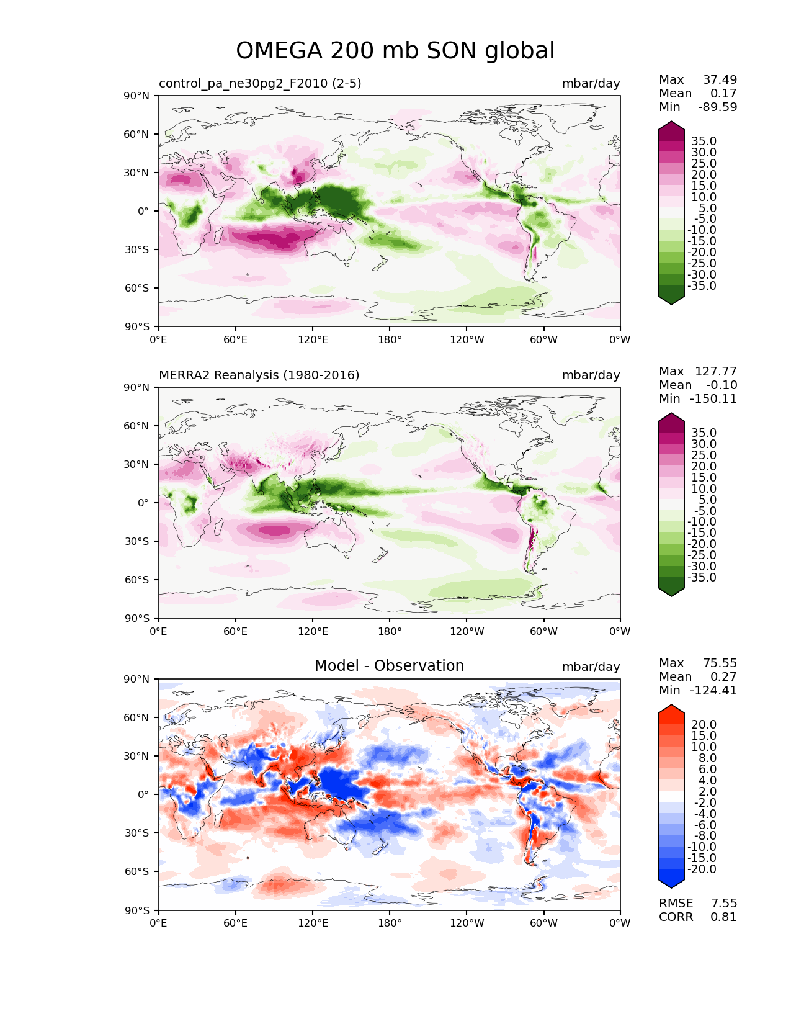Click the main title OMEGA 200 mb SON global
(x=395, y=51)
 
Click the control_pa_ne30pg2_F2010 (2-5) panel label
(x=260, y=83)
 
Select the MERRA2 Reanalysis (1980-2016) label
(x=259, y=375)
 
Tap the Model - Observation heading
(x=389, y=666)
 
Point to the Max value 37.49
(x=720, y=79)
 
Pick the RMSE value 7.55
(x=723, y=904)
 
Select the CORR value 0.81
(x=723, y=917)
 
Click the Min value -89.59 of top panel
(x=718, y=107)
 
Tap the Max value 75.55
(x=720, y=663)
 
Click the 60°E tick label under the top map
(x=236, y=339)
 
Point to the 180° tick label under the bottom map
(x=390, y=923)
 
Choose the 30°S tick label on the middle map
(x=136, y=541)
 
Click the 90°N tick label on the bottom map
(x=136, y=679)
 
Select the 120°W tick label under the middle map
(x=467, y=631)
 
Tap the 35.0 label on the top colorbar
(x=704, y=141)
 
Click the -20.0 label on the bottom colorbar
(x=702, y=869)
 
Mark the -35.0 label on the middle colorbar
(x=702, y=578)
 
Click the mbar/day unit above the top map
(x=591, y=83)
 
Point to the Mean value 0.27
(x=723, y=676)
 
